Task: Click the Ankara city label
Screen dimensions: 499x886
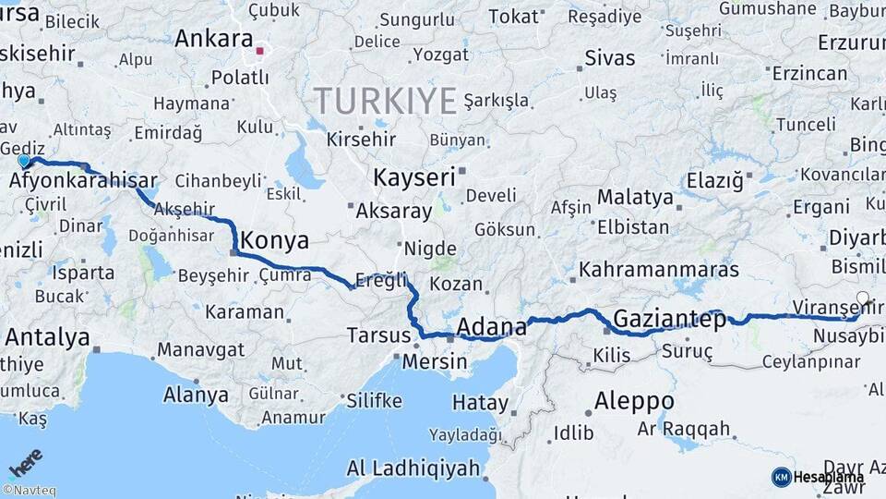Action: click(213, 39)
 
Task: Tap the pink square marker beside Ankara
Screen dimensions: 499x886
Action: click(261, 52)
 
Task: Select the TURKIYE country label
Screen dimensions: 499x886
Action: click(386, 100)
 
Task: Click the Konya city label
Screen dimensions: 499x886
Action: click(274, 241)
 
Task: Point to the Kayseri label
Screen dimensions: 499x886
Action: click(414, 176)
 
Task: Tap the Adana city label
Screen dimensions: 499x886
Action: click(492, 326)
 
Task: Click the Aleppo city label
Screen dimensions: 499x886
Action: click(633, 402)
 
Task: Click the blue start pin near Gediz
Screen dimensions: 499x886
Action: click(24, 161)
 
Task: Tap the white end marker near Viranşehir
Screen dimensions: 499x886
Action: click(863, 298)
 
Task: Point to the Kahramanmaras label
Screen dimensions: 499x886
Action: click(659, 270)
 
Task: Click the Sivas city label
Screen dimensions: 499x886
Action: click(609, 57)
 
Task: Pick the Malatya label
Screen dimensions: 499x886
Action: click(635, 197)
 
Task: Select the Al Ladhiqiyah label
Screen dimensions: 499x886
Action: click(413, 468)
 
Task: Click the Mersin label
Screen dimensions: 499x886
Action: click(435, 361)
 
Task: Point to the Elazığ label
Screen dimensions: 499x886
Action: click(714, 180)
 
